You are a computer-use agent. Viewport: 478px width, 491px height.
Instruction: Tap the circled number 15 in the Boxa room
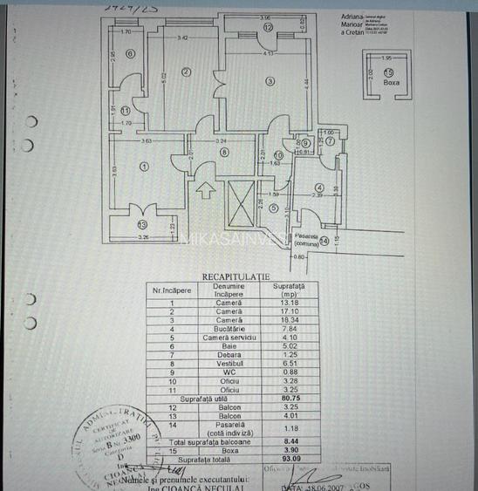(x=387, y=72)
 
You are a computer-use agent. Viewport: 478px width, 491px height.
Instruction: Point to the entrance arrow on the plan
(x=206, y=187)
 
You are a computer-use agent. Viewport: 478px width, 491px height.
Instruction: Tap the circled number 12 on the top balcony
(x=269, y=28)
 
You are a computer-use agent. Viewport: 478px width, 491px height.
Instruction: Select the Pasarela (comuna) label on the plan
(x=305, y=238)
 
